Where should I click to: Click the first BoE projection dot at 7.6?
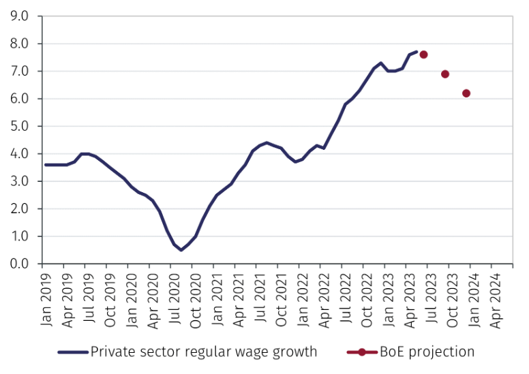(423, 54)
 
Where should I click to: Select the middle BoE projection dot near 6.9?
(445, 74)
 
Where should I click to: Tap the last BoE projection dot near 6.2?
(466, 93)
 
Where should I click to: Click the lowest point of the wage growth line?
(181, 250)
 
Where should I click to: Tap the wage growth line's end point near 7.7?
(417, 52)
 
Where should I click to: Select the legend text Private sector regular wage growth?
(204, 352)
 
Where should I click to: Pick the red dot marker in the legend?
(363, 352)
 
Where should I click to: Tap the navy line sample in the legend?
(72, 352)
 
